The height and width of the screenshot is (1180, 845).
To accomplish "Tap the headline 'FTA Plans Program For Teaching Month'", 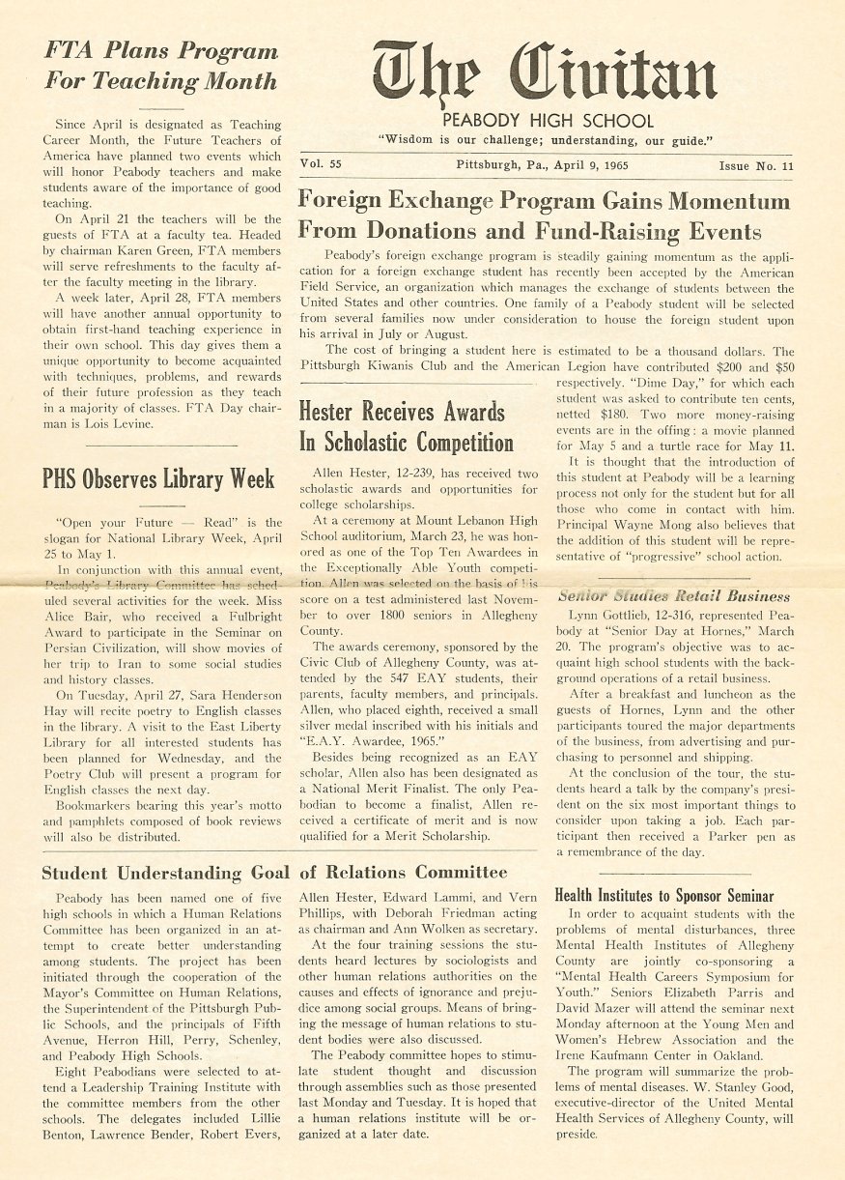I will click(160, 65).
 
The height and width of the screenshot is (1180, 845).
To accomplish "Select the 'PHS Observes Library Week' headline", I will click(158, 478).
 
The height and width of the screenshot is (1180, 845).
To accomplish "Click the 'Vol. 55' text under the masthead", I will click(322, 165).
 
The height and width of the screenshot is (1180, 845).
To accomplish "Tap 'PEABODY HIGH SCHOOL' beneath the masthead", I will click(548, 122).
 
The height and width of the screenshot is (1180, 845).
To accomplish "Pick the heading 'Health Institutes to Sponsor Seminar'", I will click(663, 895).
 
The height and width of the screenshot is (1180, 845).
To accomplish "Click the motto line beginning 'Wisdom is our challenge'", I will click(547, 140).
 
